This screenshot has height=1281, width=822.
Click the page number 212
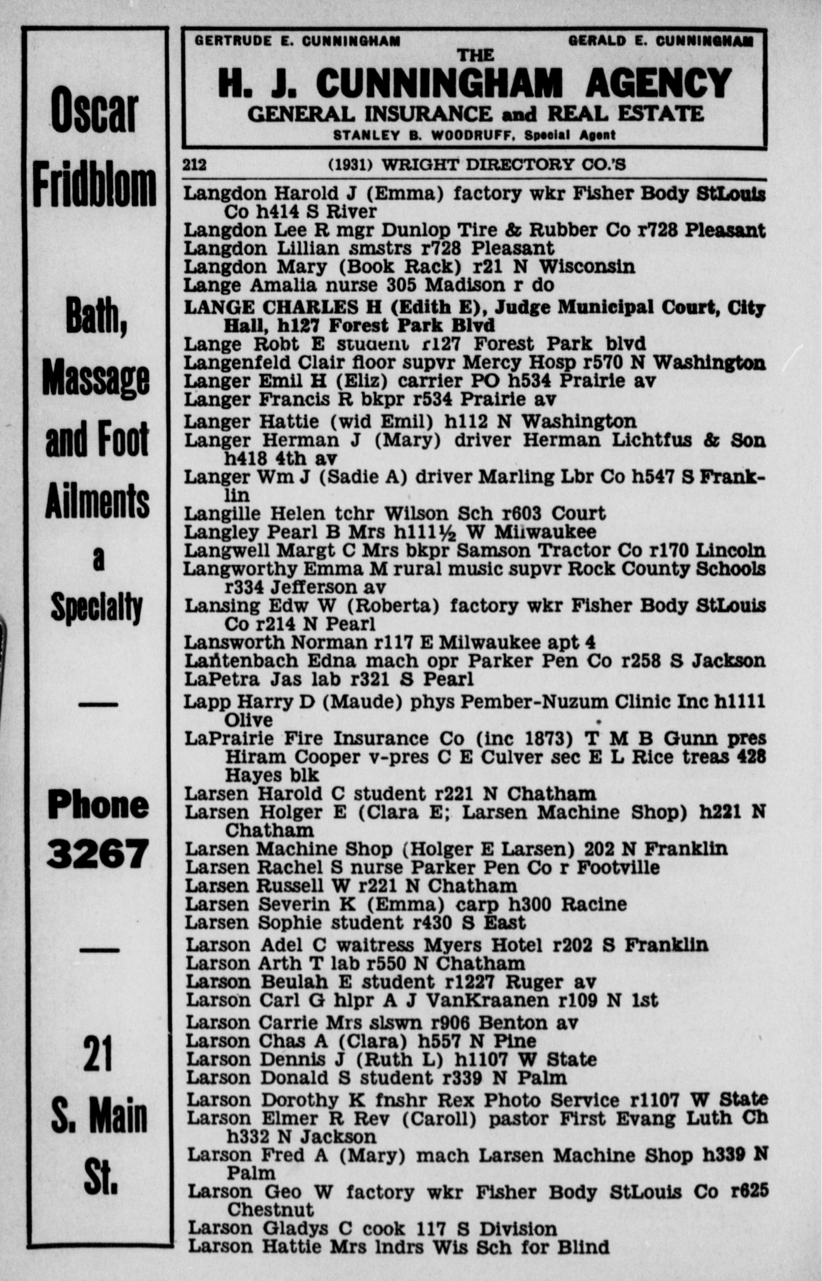coord(194,165)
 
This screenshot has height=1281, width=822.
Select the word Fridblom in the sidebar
coord(94,187)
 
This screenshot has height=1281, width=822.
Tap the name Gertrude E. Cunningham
coord(297,41)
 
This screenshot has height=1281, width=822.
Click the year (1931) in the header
coord(350,165)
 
